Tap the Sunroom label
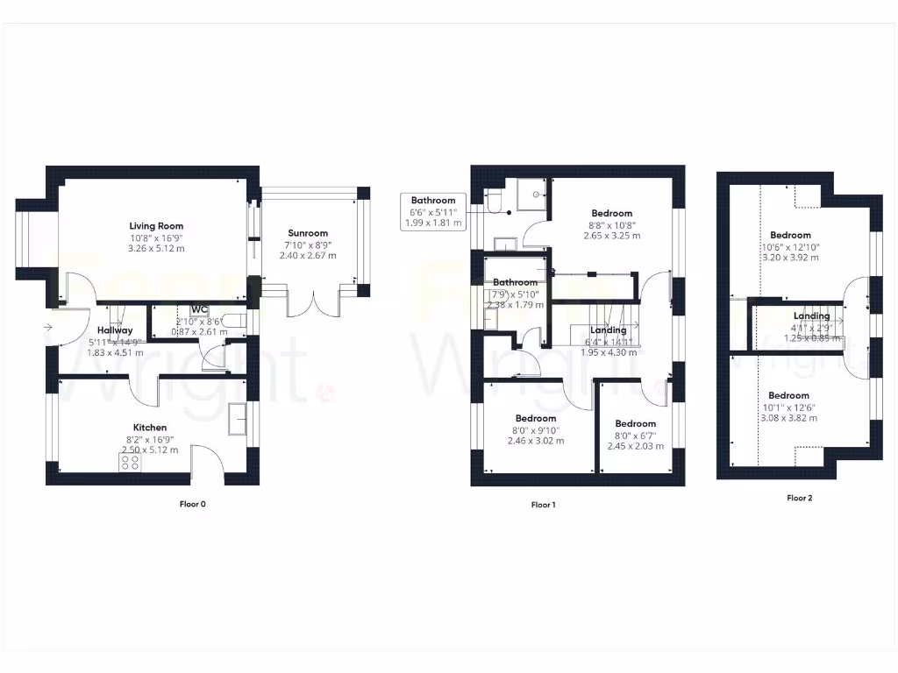(308, 233)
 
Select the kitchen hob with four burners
(130, 461)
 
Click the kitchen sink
(237, 420)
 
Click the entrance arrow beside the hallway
(46, 328)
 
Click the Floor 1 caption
(543, 505)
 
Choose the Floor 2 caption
(799, 498)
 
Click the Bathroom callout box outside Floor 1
(433, 212)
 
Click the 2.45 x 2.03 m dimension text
(635, 446)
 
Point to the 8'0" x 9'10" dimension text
(535, 429)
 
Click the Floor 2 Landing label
(811, 316)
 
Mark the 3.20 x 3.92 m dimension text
(790, 258)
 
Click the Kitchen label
(151, 428)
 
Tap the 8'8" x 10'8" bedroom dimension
(611, 225)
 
